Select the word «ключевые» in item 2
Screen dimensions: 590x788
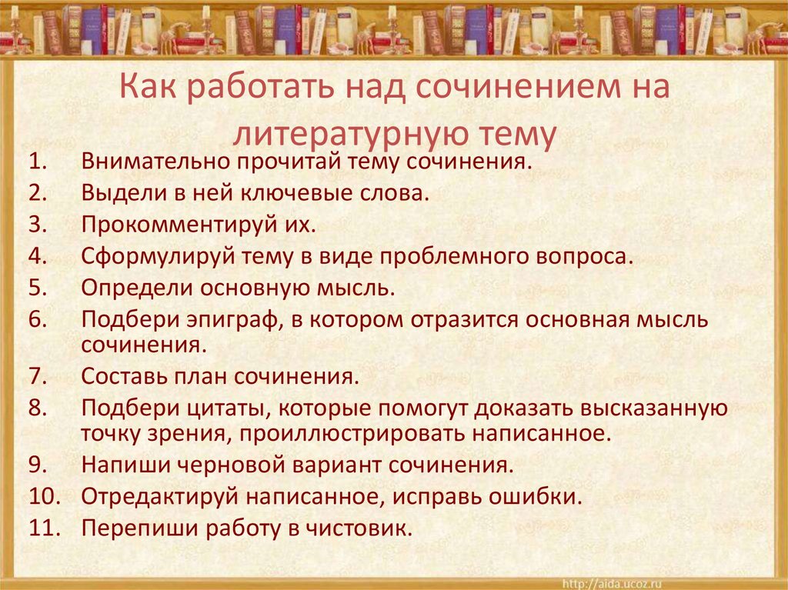tap(305, 194)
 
